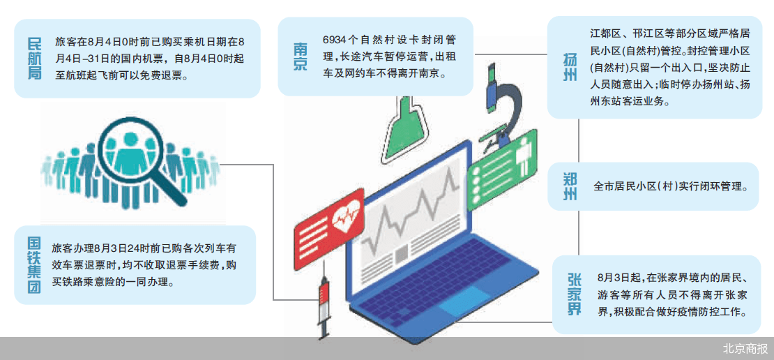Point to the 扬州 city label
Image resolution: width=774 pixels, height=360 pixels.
point(570,68)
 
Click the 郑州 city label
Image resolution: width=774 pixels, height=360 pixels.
point(570,186)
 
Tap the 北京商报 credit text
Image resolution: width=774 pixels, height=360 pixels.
point(745,349)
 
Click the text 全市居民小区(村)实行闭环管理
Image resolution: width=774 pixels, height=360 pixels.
point(670,187)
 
